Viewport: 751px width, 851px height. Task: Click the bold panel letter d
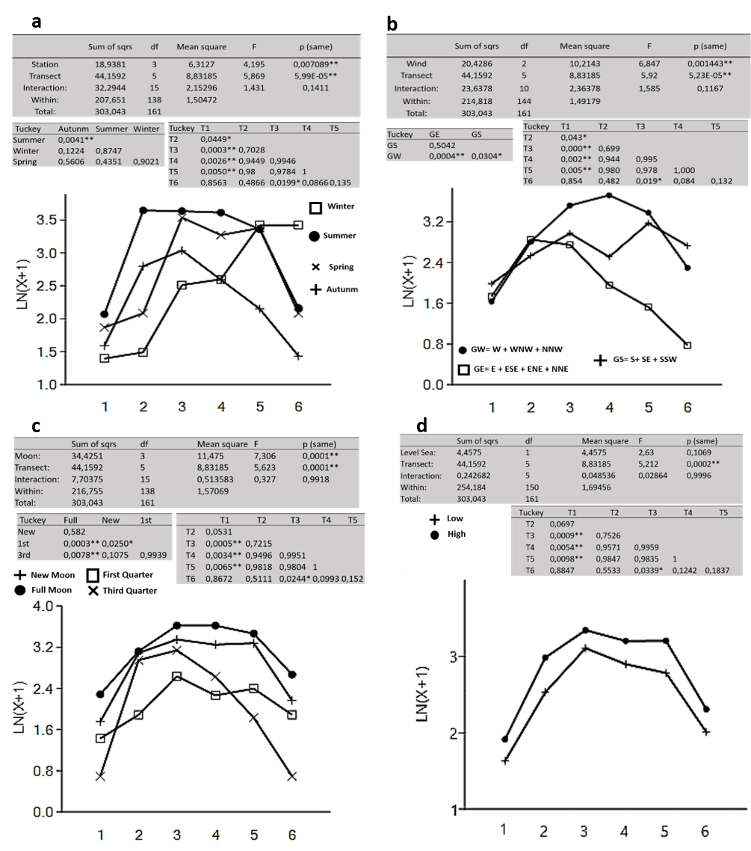422,425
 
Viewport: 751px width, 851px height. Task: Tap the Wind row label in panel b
416,64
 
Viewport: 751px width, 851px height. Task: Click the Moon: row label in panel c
32,455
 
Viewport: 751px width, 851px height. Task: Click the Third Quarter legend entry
135,591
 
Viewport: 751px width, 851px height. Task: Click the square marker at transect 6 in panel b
687,345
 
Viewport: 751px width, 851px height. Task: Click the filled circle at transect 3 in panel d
586,630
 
